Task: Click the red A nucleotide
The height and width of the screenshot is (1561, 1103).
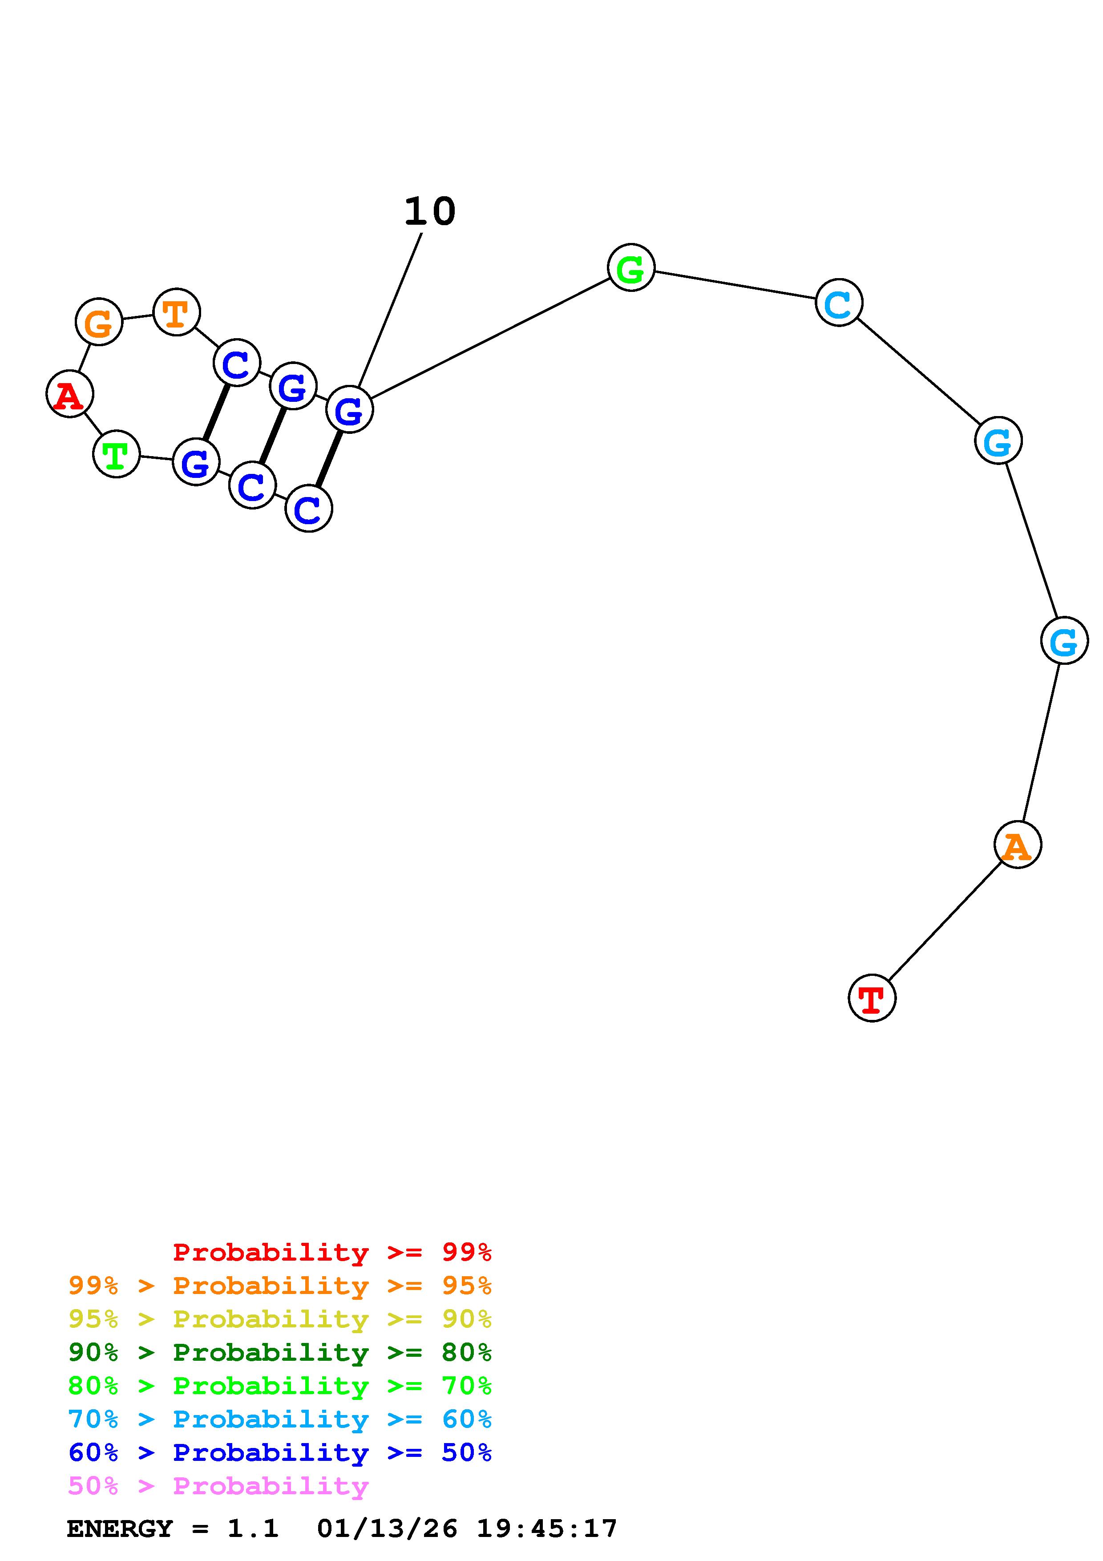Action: click(69, 394)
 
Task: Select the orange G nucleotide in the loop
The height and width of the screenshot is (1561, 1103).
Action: click(99, 322)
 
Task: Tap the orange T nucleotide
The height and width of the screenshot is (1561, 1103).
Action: click(177, 313)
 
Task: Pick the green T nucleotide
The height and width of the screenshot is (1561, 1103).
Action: click(116, 454)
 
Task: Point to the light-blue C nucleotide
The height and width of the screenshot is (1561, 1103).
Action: click(839, 303)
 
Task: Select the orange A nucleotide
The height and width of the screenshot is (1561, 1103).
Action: click(1018, 845)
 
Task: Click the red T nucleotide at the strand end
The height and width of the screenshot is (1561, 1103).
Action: click(872, 998)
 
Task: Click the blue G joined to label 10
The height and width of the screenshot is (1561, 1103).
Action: click(349, 409)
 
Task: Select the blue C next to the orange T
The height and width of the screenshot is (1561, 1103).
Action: click(237, 363)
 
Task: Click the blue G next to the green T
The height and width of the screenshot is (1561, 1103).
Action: click(196, 462)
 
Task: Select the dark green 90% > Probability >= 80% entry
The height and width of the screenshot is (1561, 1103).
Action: click(279, 1353)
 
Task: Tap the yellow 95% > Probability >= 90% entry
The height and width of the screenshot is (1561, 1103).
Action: click(279, 1319)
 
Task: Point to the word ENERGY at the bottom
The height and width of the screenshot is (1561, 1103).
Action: click(120, 1529)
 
